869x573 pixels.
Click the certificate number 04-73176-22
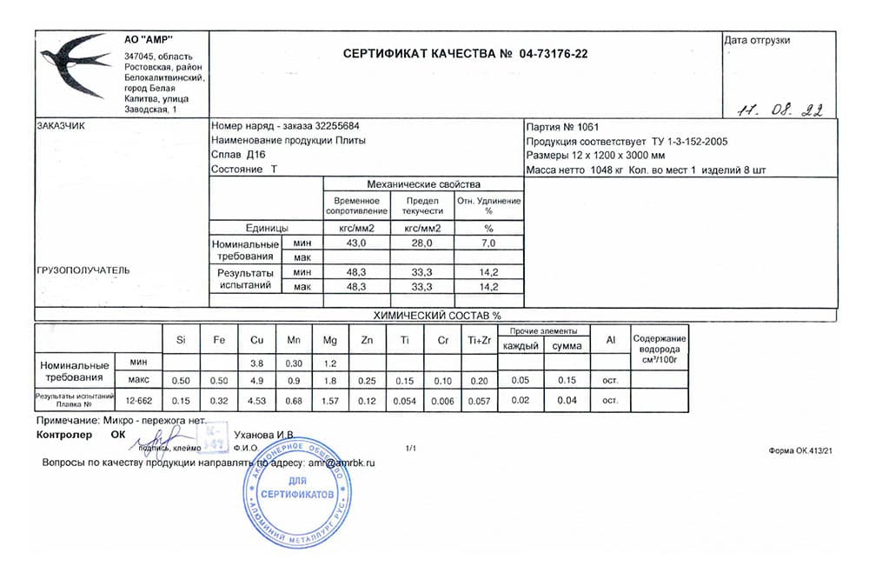click(553, 54)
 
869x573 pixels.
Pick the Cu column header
click(256, 340)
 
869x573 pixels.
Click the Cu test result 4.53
click(256, 400)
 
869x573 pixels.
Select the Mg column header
click(330, 340)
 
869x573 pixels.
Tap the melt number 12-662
click(139, 400)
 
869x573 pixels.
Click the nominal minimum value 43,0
click(356, 243)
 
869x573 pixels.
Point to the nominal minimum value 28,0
click(422, 243)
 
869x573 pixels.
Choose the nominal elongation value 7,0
click(488, 243)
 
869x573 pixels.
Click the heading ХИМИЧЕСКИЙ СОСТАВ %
click(436, 316)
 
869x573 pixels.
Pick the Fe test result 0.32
click(219, 400)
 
